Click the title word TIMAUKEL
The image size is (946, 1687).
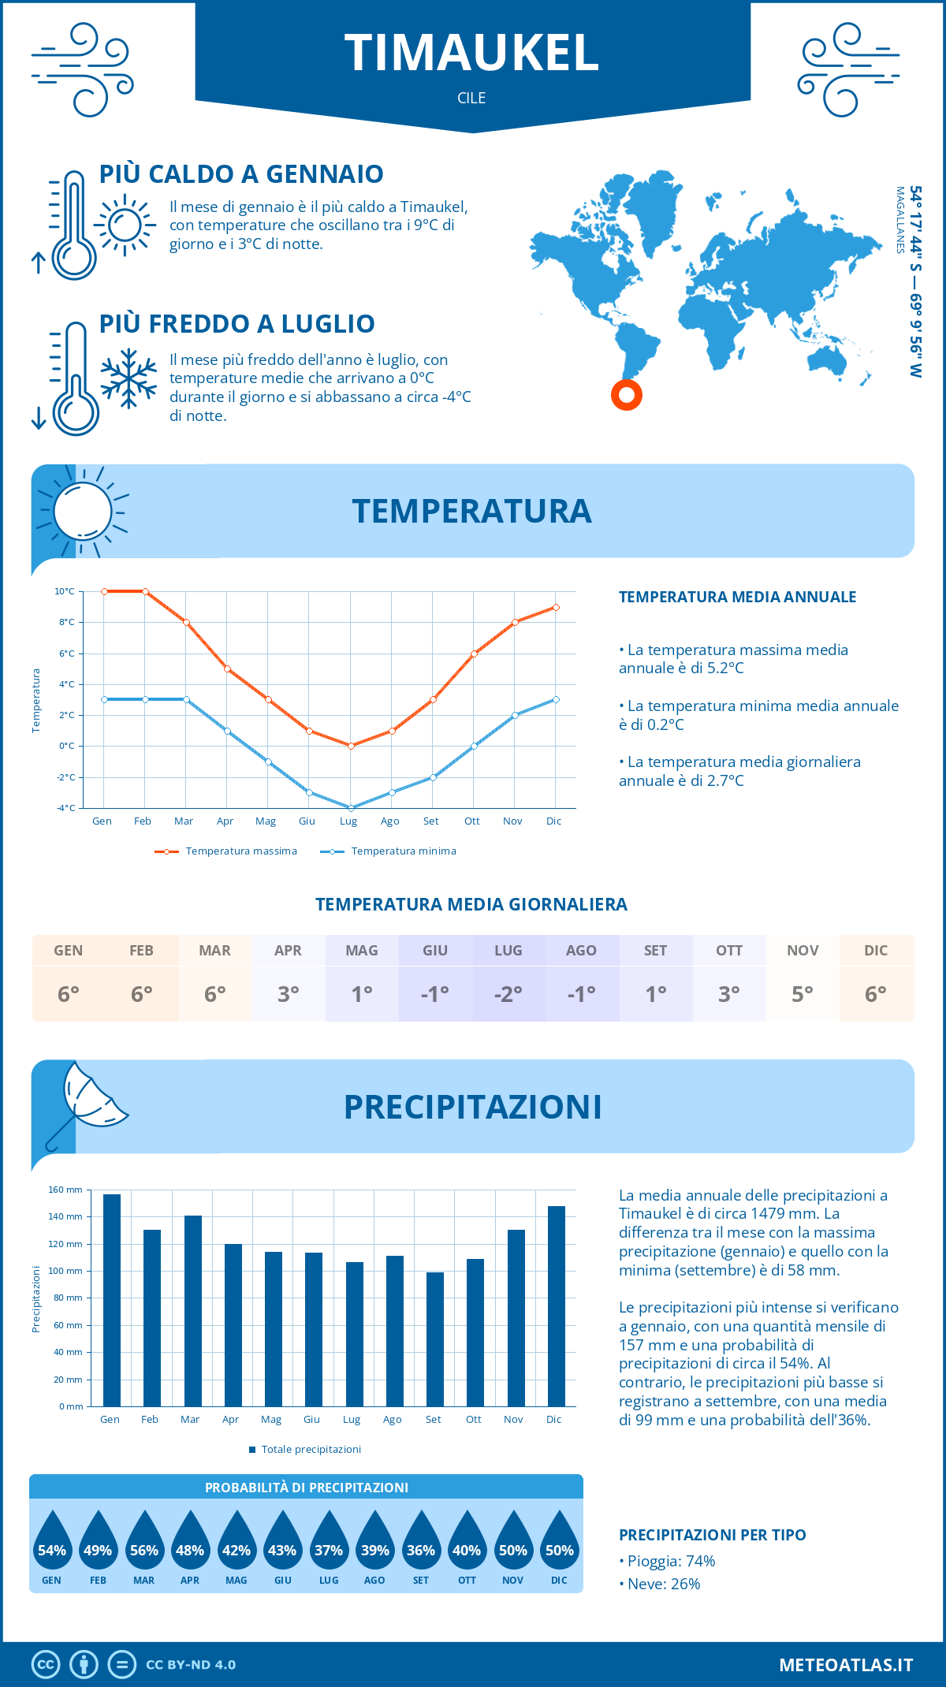[x=471, y=54]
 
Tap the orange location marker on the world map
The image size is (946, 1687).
[x=627, y=394]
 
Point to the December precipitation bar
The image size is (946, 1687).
[x=557, y=1305]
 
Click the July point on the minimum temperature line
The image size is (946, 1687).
[x=352, y=808]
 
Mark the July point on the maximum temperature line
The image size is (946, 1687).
[x=352, y=746]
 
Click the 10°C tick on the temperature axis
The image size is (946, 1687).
[x=65, y=591]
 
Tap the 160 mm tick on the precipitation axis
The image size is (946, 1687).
[x=66, y=1190]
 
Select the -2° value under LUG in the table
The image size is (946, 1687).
[x=508, y=994]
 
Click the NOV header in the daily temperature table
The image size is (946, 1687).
[x=803, y=951]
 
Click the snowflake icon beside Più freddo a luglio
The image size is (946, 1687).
[x=128, y=378]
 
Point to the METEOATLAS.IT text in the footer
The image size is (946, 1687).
[x=846, y=1665]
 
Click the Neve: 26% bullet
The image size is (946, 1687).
[x=663, y=1585]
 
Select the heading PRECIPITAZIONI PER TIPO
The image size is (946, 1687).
[x=712, y=1535]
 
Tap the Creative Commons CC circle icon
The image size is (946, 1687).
[x=46, y=1665]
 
